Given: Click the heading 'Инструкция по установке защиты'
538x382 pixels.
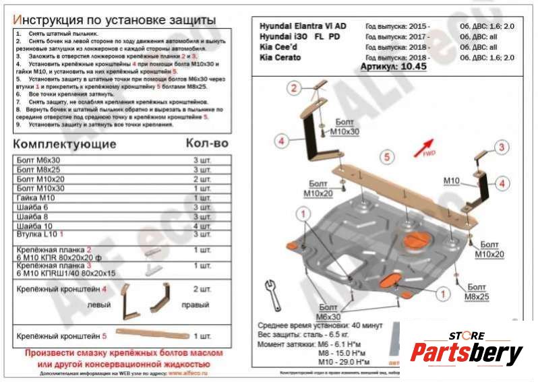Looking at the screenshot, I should pyautogui.click(x=115, y=20).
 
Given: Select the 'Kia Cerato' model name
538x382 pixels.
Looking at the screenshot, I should pyautogui.click(x=281, y=58).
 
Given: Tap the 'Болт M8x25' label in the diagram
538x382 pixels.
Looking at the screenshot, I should pyautogui.click(x=475, y=292).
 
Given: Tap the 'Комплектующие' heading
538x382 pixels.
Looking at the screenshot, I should pyautogui.click(x=65, y=144).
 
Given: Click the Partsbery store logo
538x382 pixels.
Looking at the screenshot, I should pyautogui.click(x=468, y=349).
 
